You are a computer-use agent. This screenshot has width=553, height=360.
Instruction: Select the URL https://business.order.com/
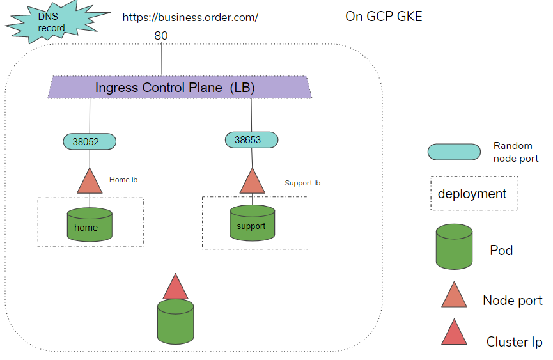(190, 17)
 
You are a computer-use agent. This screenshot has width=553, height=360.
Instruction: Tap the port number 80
(161, 36)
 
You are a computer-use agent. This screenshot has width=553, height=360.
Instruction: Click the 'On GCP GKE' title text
(384, 17)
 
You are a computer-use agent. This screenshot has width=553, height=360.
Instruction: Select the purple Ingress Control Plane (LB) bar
(179, 88)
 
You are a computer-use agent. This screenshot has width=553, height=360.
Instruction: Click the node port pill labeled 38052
(90, 142)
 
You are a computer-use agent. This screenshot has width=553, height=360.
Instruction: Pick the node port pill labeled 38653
(252, 139)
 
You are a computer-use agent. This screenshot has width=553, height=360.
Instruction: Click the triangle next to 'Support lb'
(252, 181)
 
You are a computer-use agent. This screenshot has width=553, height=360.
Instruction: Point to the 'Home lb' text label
(123, 180)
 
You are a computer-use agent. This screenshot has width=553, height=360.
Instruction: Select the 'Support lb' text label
(302, 183)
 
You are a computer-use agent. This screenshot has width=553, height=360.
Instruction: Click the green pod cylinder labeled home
(90, 225)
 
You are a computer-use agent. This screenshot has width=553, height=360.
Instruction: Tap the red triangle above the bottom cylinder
(175, 288)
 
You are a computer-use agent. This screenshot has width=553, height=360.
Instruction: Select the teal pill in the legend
(454, 152)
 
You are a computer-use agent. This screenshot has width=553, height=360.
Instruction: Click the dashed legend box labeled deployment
(474, 194)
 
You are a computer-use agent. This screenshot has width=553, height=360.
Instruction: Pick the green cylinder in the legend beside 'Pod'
(454, 247)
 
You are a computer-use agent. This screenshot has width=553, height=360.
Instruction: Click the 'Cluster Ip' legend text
(514, 342)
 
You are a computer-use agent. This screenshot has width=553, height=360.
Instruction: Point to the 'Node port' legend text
(512, 300)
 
